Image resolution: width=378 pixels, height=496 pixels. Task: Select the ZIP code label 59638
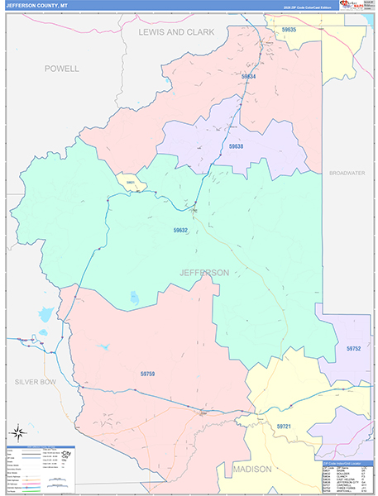(237, 145)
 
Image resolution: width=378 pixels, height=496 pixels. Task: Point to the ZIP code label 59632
(182, 231)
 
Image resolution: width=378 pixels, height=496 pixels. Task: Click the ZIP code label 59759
(147, 374)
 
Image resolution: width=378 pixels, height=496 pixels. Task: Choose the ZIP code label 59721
(284, 426)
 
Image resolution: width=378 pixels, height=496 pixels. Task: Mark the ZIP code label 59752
(353, 349)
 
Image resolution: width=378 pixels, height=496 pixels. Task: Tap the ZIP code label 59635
(288, 30)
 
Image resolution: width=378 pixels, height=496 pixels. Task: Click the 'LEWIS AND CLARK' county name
(176, 32)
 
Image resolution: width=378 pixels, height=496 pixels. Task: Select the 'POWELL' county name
(62, 69)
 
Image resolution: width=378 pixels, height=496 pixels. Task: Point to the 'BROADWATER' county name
(347, 173)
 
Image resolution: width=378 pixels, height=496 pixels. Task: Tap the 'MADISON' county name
(251, 469)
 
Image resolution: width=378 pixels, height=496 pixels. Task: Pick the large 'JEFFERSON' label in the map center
(204, 272)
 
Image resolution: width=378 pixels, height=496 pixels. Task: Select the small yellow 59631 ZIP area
(131, 182)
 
